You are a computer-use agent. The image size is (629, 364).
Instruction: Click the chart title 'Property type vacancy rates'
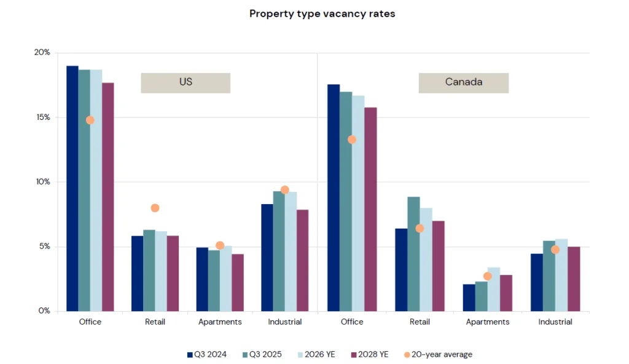pos(322,14)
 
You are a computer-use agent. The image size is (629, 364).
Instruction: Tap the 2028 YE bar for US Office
pos(108,197)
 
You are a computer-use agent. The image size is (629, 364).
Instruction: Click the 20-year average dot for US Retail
pos(155,208)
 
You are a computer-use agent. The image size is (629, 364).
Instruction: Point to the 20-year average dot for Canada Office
pos(352,140)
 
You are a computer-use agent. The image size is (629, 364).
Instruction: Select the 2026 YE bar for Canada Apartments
pos(493,289)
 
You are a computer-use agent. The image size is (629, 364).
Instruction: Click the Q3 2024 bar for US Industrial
pos(267,258)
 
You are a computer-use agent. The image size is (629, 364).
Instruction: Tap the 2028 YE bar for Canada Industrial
pos(573,279)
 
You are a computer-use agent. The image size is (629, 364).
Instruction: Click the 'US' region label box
pos(186,82)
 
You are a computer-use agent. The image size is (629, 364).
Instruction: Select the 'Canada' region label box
pos(463,82)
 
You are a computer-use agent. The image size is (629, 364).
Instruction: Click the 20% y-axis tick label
pos(42,52)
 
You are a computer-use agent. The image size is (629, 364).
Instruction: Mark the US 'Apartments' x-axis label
pos(220,322)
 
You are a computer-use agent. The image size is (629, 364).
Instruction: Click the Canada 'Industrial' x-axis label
pos(555,322)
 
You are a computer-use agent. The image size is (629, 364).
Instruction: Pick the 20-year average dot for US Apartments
pos(220,245)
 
